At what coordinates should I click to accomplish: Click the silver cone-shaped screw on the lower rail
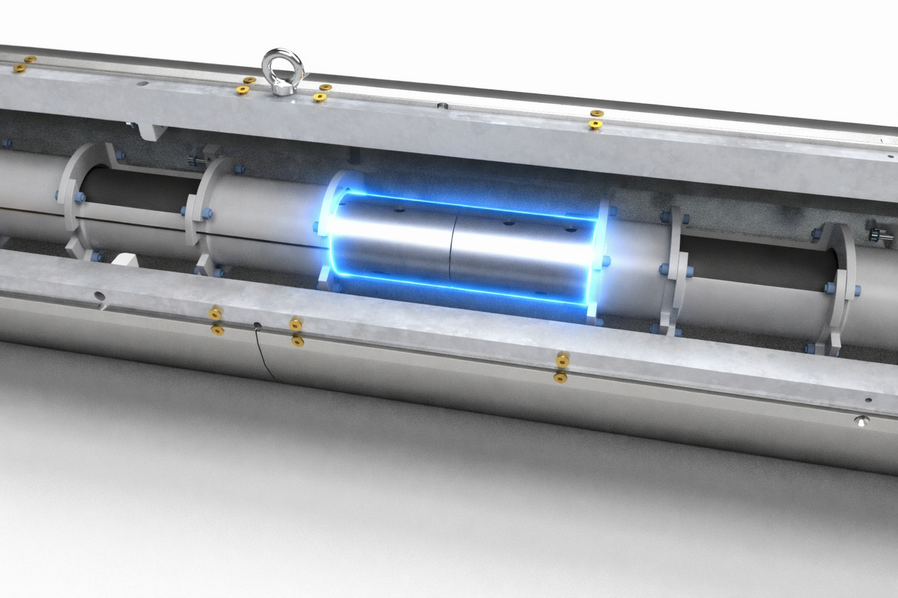(x=862, y=421)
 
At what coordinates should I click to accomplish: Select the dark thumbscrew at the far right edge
(x=880, y=236)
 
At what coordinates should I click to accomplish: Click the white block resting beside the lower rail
(x=125, y=259)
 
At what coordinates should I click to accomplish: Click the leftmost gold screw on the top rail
(x=20, y=69)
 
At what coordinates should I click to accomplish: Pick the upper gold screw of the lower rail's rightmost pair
(x=562, y=360)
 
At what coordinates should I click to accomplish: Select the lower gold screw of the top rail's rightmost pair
(x=595, y=125)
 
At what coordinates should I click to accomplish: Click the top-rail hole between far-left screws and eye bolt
(x=143, y=83)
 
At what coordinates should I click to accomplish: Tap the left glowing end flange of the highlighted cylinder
(x=328, y=231)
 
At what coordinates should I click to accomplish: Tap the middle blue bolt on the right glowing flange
(x=605, y=261)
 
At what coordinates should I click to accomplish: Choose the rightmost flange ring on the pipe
(x=842, y=287)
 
